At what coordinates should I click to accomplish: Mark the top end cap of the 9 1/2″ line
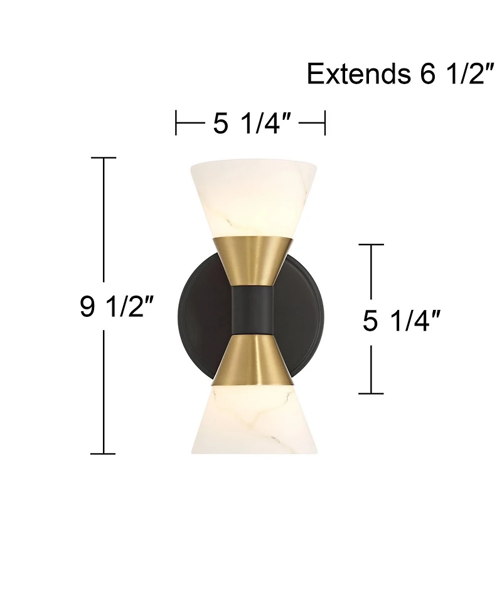(104, 157)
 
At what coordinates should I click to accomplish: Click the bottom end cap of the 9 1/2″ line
(104, 452)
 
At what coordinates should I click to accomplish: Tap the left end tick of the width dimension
(176, 123)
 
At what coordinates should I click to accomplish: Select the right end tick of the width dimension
(324, 123)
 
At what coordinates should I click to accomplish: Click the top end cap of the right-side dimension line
(372, 244)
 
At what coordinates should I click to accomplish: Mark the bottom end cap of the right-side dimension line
(372, 393)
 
